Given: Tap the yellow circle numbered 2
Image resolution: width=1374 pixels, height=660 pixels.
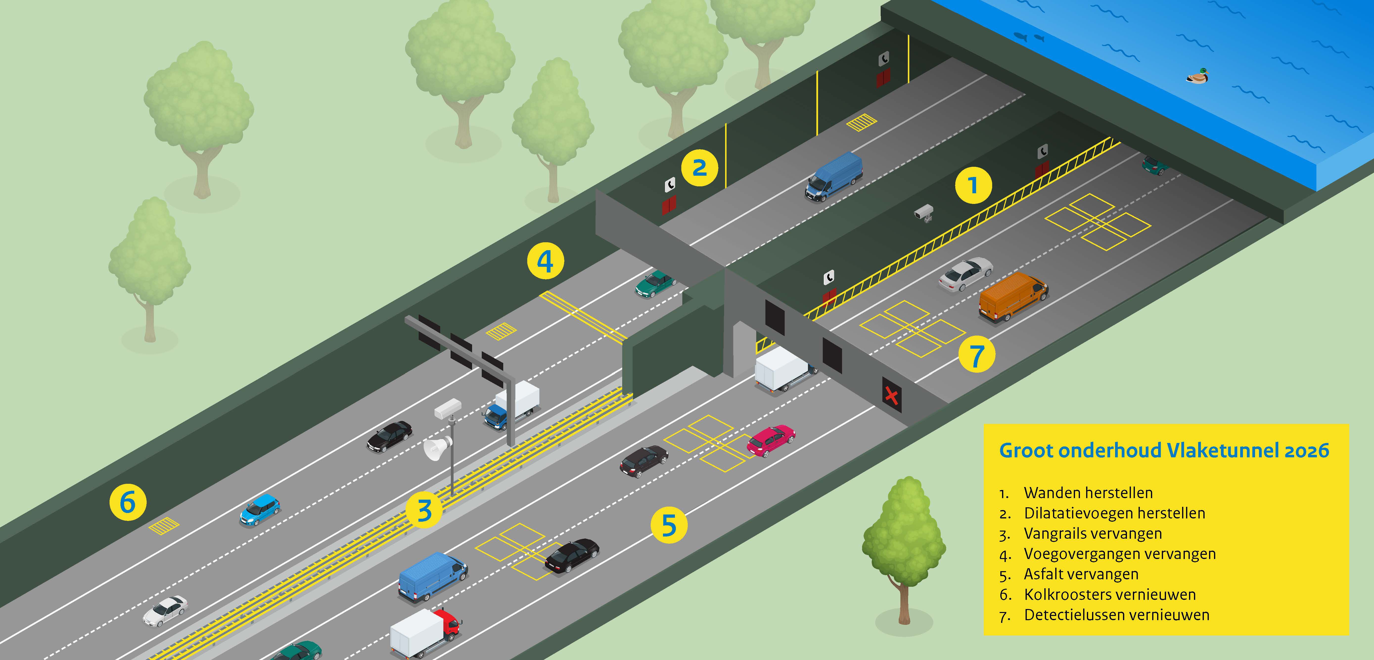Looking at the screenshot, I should pos(699,168).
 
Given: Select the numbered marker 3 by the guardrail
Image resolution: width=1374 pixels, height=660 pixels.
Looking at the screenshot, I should pos(424,510).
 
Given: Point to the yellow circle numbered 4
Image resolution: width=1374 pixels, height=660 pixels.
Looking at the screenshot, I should pos(545,261).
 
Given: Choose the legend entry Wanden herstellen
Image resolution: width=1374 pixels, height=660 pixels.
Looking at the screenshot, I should pos(1088,492).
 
